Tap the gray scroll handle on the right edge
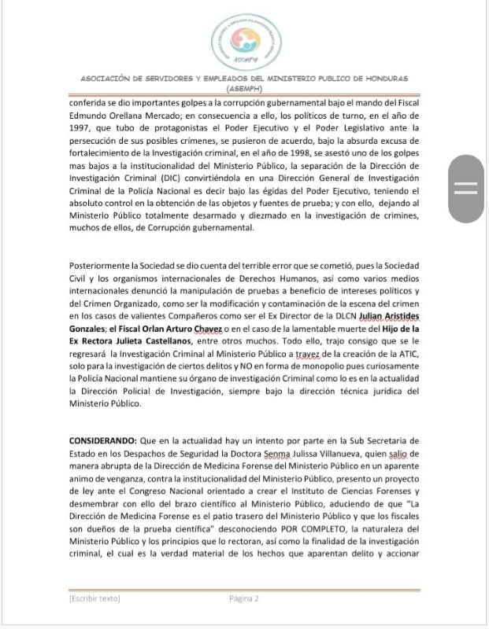467,189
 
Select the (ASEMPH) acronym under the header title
244,88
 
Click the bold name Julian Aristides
392,316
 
